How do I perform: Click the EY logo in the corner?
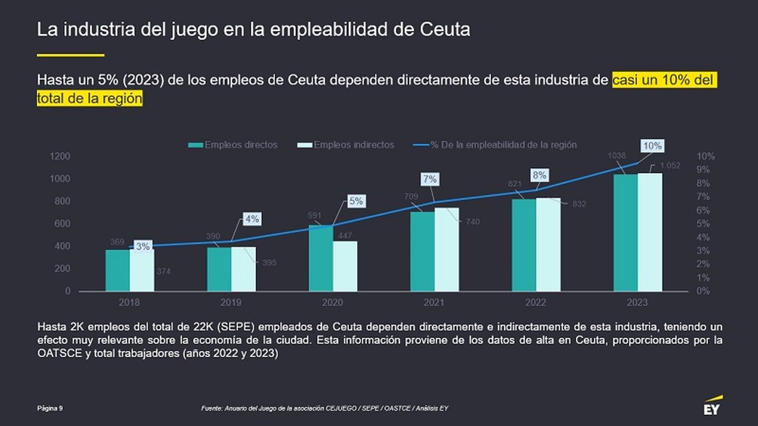(x=712, y=406)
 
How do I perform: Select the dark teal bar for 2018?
(x=117, y=270)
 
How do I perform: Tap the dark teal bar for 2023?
(x=625, y=232)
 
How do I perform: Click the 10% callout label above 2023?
(x=652, y=146)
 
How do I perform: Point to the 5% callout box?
(x=356, y=201)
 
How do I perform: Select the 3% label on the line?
(x=143, y=246)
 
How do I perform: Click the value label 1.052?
(x=670, y=165)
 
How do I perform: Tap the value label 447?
(x=345, y=235)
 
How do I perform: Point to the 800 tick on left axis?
(x=62, y=201)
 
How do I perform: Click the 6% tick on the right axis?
(x=703, y=210)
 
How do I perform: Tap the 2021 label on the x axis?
(x=433, y=302)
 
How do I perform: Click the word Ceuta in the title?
(x=444, y=29)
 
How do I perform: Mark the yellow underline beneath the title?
(x=70, y=55)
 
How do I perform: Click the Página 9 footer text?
(x=50, y=408)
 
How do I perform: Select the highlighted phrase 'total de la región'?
(x=90, y=98)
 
